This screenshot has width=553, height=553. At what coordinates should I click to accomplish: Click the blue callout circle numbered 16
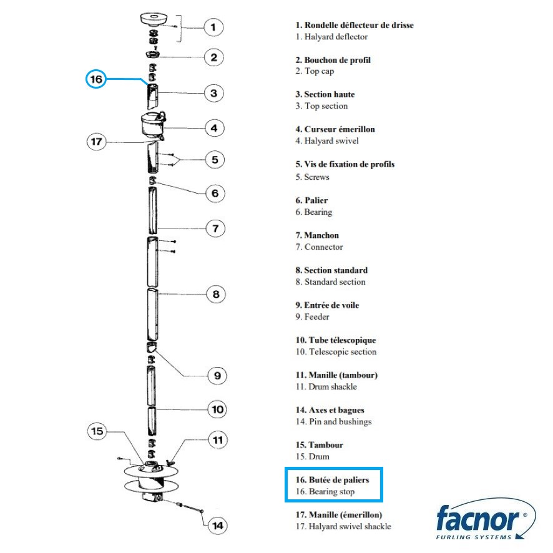coord(96,79)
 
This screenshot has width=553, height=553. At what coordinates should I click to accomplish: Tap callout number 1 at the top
coord(213,27)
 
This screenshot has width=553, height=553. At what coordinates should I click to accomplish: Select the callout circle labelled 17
coord(96,142)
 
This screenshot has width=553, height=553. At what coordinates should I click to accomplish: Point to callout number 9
coord(217,376)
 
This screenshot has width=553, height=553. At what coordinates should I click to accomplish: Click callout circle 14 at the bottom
coord(218,526)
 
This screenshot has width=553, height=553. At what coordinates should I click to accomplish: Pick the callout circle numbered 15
coord(97,431)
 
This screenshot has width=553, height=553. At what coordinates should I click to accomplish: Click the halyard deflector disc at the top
coord(154,19)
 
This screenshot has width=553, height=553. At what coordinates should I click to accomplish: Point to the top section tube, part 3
coord(153,96)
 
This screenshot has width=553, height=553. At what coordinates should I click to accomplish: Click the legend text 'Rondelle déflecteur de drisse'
coord(359,25)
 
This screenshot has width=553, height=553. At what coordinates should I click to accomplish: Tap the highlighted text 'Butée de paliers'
coord(339,479)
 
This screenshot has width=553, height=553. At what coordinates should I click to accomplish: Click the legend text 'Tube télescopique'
coord(343,340)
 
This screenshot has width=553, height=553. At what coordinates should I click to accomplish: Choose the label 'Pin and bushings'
coord(340,421)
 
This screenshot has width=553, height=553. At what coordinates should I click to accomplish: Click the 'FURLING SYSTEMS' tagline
coord(474,537)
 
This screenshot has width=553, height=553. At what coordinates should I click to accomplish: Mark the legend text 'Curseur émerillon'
coord(340,129)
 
